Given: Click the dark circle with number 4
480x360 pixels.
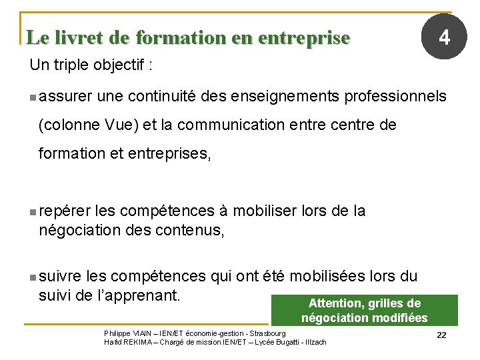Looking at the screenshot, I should [443, 37].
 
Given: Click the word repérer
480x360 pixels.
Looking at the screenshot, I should [65, 211].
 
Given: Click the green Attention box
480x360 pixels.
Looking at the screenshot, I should [364, 311].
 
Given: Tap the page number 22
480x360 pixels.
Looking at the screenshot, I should [441, 335].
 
